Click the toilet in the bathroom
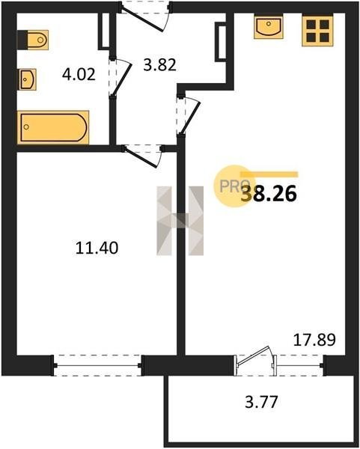[x=33, y=40]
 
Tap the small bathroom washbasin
[x=28, y=79]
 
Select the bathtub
[x=53, y=127]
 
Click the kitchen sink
[x=269, y=27]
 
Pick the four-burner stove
[x=317, y=31]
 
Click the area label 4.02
[x=79, y=74]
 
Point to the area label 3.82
[x=159, y=64]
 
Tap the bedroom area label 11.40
[x=97, y=248]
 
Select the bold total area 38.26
[x=269, y=194]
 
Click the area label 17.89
[x=314, y=340]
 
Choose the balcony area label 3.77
[x=261, y=401]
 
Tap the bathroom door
[x=120, y=77]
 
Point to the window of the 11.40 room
[x=97, y=365]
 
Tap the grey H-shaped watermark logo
[x=180, y=221]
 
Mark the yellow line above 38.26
[x=269, y=174]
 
